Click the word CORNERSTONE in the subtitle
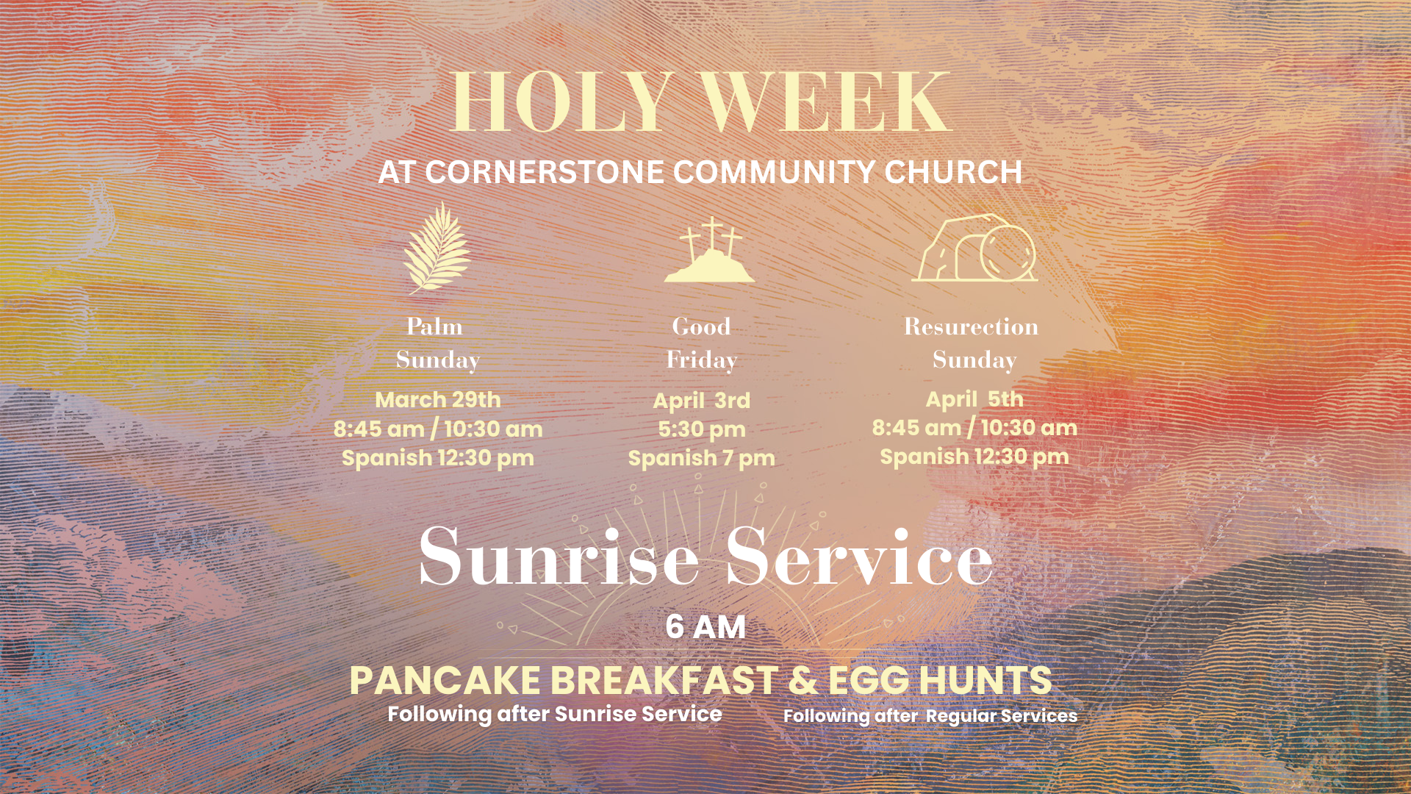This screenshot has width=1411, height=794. (x=545, y=172)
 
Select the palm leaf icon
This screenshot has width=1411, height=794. (x=437, y=248)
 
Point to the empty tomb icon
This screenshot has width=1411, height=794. (x=974, y=248)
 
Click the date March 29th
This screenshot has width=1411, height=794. (x=438, y=400)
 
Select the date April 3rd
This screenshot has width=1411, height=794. (x=702, y=401)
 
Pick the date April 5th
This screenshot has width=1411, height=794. (x=974, y=399)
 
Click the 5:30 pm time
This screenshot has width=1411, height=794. (x=702, y=429)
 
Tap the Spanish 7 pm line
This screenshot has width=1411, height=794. (x=702, y=459)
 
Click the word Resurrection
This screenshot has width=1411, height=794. (x=971, y=326)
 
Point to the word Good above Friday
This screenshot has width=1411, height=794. (x=702, y=326)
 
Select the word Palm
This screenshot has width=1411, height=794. (x=435, y=326)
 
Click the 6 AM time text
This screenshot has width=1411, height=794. (x=705, y=628)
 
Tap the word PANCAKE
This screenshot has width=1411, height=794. (x=445, y=681)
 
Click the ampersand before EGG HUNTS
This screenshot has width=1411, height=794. (x=803, y=681)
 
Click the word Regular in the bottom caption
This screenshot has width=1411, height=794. (x=960, y=716)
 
